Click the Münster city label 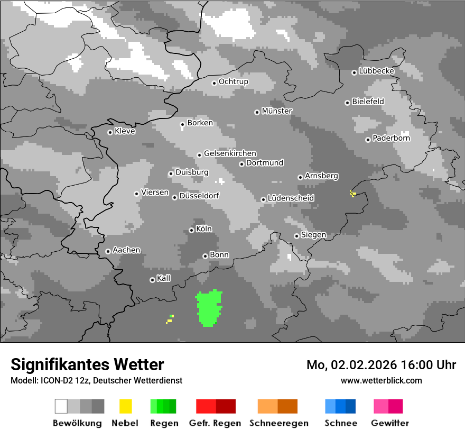coord(277,111)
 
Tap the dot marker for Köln coord(191,230)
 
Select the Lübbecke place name coord(376,71)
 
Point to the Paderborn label coord(391,139)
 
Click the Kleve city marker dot coord(110,132)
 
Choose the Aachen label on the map coord(126,250)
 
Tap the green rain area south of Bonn coord(209,308)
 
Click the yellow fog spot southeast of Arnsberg coord(353,194)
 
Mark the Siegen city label coord(313,235)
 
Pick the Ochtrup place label coord(233,81)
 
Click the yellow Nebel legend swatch coord(125,406)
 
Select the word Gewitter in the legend coord(390,423)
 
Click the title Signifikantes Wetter coord(87,364)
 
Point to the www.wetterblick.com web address coord(381,380)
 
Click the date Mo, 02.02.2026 coord(353,365)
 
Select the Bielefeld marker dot coord(347,103)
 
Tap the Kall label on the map coord(164,278)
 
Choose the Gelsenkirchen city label coord(230,153)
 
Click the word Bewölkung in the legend coord(77,423)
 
